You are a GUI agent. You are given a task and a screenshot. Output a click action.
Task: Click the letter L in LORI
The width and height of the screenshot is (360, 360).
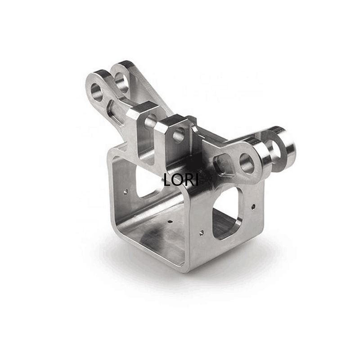(x=167, y=180)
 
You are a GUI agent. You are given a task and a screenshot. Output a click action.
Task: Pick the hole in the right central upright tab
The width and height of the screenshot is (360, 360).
(x=179, y=135)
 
